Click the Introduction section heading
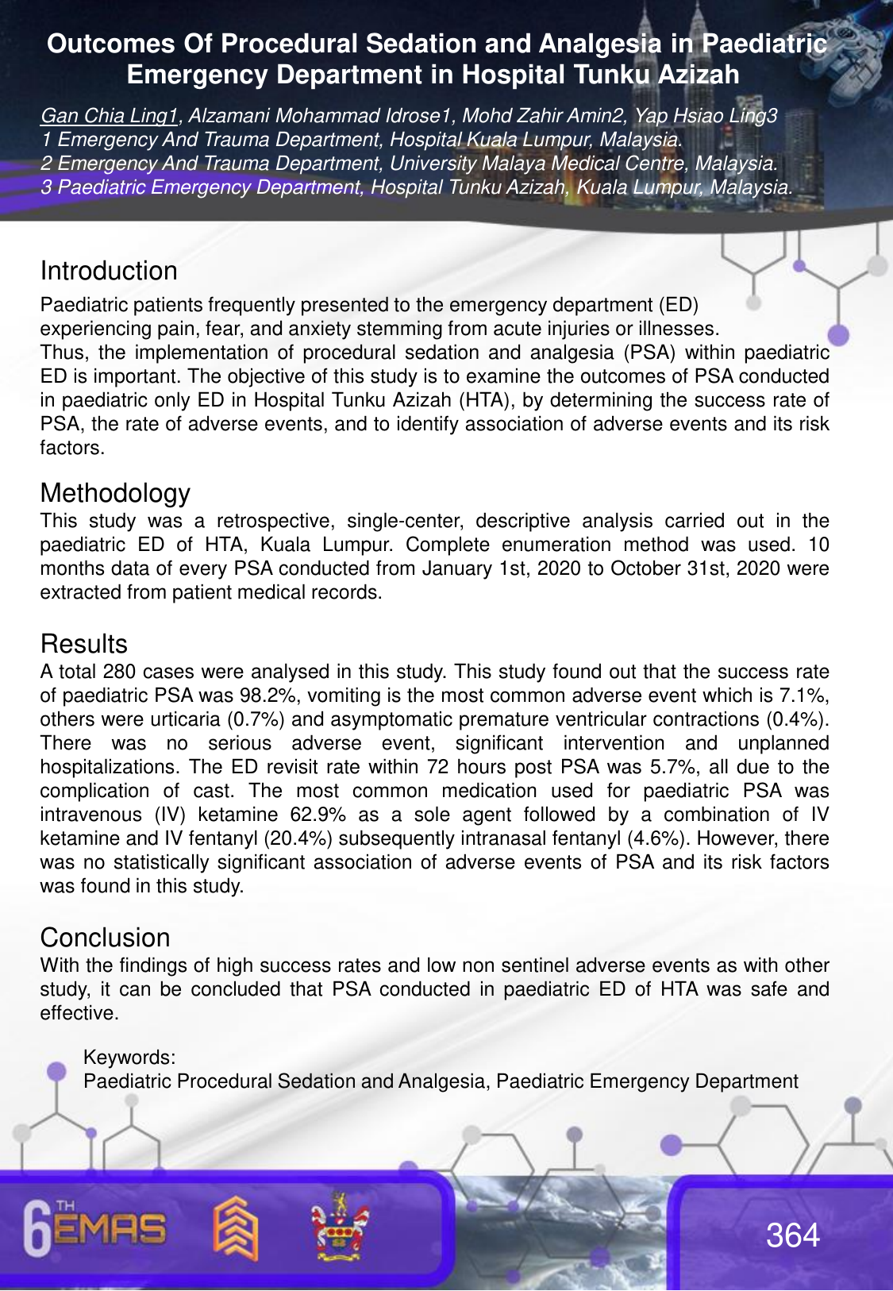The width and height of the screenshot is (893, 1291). point(109,271)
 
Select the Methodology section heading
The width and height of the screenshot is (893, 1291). point(115,493)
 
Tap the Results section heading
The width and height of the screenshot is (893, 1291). point(83,644)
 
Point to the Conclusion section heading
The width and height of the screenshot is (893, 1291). point(105,938)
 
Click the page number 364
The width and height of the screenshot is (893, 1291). point(792,1235)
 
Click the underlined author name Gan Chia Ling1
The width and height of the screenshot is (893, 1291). point(110,116)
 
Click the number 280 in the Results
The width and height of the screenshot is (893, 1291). point(119,672)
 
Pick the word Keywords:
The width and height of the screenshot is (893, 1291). point(129,1058)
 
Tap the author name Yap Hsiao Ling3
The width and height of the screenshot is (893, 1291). point(706,116)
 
